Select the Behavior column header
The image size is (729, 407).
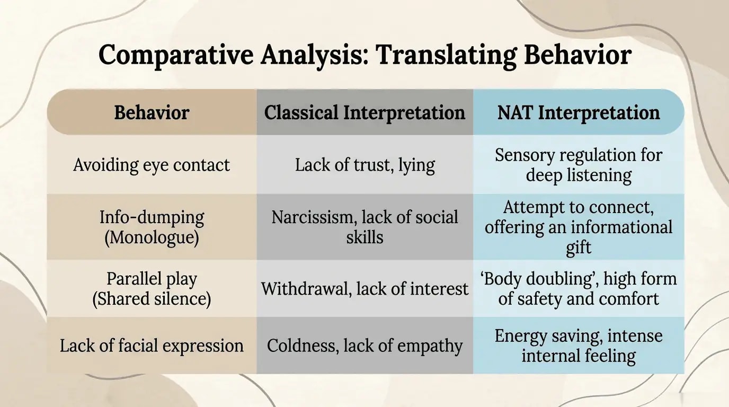[x=152, y=112]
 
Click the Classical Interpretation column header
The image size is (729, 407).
[x=364, y=112]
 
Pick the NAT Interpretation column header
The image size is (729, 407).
[x=579, y=112]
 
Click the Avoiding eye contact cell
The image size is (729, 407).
[x=152, y=165]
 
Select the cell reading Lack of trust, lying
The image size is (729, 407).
[x=364, y=165]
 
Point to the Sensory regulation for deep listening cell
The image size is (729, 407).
[x=579, y=165]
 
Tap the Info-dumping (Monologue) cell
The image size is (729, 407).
[x=152, y=227]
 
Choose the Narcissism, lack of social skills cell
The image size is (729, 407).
[x=364, y=227]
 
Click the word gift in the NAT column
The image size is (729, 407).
[x=579, y=247]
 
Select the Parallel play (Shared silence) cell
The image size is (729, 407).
[x=152, y=289]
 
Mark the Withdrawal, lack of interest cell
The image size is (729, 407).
[x=364, y=289]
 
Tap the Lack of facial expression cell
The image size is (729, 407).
[x=152, y=346]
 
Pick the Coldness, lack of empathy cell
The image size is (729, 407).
[x=364, y=346]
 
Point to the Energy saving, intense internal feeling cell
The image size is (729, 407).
[x=579, y=346]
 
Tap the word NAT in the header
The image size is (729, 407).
[x=515, y=112]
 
